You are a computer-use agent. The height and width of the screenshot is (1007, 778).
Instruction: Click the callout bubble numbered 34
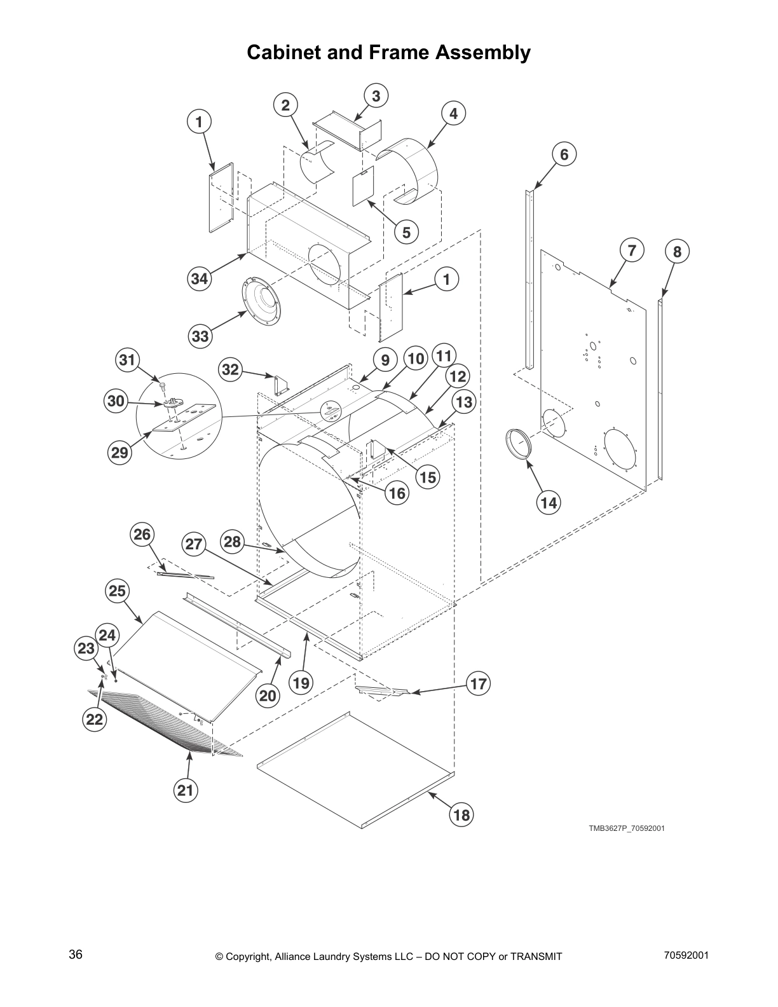tap(200, 278)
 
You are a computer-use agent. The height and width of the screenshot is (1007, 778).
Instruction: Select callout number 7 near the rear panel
tap(631, 250)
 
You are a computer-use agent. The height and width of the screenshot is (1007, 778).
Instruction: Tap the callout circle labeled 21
tap(185, 790)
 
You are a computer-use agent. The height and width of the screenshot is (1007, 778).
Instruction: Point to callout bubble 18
tap(462, 815)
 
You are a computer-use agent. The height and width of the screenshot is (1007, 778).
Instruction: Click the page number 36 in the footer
tap(76, 954)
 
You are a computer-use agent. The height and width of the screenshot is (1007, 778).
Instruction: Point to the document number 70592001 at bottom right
tap(686, 955)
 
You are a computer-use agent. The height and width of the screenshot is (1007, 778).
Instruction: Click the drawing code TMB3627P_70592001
tap(626, 828)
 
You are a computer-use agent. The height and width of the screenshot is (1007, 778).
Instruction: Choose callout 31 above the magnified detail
tap(128, 360)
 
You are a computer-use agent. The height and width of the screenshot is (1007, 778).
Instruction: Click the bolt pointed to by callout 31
tap(163, 385)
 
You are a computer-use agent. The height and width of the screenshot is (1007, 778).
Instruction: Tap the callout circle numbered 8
tap(677, 252)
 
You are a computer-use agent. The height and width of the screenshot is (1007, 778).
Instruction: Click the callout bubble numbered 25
tap(117, 591)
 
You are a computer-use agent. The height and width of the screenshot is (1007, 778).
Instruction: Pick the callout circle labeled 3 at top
tap(376, 96)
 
